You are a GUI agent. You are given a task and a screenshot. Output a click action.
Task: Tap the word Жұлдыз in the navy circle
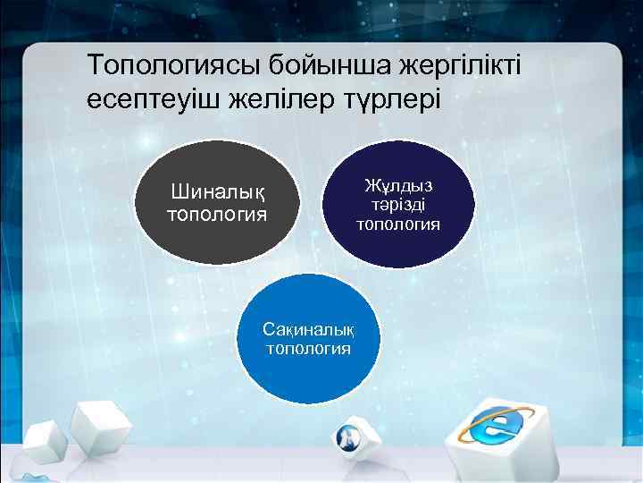(x=398, y=186)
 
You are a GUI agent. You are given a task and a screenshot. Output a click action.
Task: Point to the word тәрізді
(x=398, y=205)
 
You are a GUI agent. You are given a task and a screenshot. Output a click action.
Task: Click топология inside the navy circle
(x=398, y=224)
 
